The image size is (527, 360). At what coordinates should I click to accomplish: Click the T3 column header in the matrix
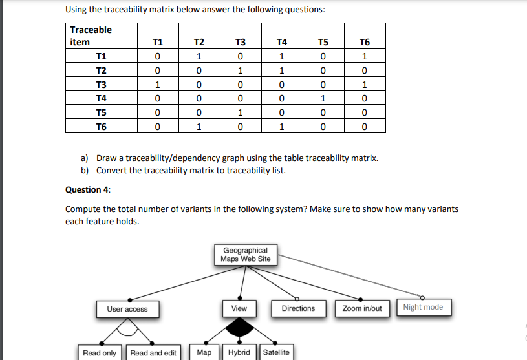click(240, 43)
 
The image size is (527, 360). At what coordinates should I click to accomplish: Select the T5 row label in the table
click(102, 112)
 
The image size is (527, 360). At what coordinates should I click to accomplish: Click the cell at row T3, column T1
click(156, 85)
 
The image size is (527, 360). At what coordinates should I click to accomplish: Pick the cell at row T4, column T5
click(323, 99)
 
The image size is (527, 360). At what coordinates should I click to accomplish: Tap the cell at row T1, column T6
click(365, 57)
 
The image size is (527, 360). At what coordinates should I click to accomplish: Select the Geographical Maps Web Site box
click(245, 255)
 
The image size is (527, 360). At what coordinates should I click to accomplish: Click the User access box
click(127, 309)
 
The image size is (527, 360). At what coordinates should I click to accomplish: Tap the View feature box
click(239, 308)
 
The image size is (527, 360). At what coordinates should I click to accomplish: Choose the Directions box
click(298, 308)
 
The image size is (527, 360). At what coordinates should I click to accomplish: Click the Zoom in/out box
click(362, 308)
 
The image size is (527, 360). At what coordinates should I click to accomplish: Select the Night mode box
click(423, 307)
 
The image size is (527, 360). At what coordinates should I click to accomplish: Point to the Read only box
click(100, 353)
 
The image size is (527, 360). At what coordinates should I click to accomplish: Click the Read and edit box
click(153, 353)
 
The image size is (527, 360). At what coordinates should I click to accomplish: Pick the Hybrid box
click(239, 352)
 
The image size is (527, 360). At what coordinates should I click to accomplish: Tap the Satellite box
click(276, 352)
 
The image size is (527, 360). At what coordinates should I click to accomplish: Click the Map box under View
click(204, 352)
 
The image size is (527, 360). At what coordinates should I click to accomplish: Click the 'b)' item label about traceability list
click(85, 170)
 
